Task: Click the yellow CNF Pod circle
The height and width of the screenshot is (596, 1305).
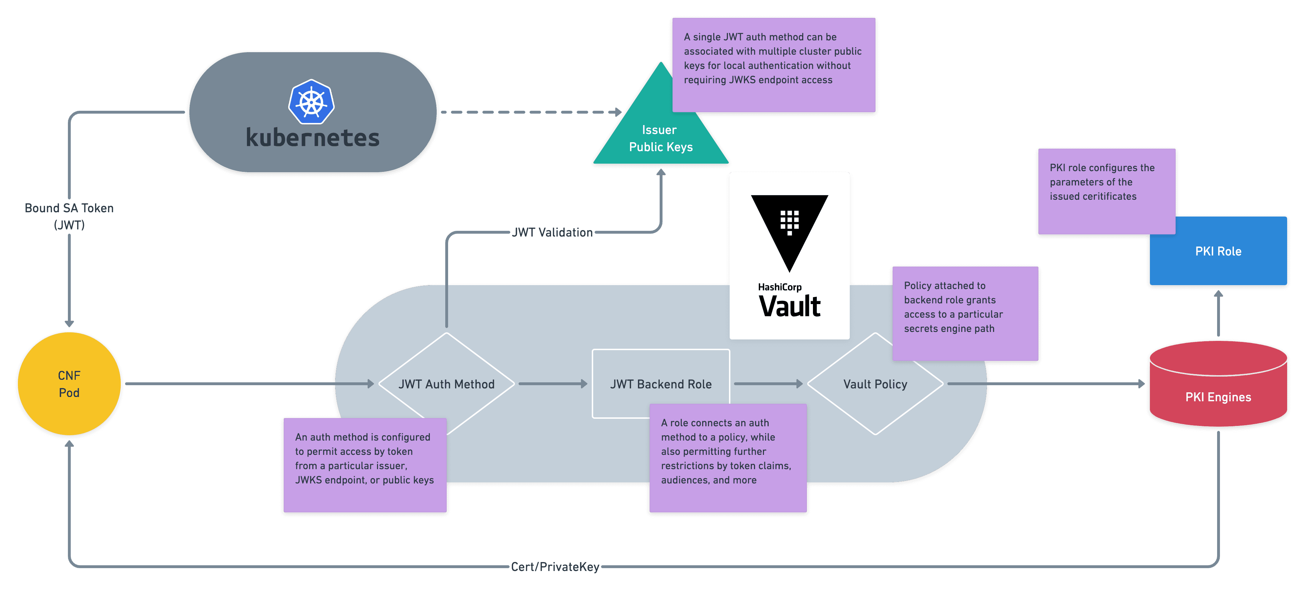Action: point(69,384)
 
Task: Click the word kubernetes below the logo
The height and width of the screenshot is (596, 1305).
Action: point(313,138)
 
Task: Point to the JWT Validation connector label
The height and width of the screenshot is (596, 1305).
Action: point(552,232)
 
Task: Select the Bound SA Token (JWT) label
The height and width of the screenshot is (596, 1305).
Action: point(69,216)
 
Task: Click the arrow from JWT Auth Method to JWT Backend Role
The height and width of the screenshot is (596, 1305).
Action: point(552,384)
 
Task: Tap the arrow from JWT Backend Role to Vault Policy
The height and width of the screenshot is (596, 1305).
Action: point(768,384)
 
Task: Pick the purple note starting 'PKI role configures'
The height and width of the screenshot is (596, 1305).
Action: point(1106,192)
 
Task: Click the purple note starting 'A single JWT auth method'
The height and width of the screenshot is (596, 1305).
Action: point(774,65)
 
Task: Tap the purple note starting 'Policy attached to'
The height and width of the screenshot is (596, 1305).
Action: point(965,313)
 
